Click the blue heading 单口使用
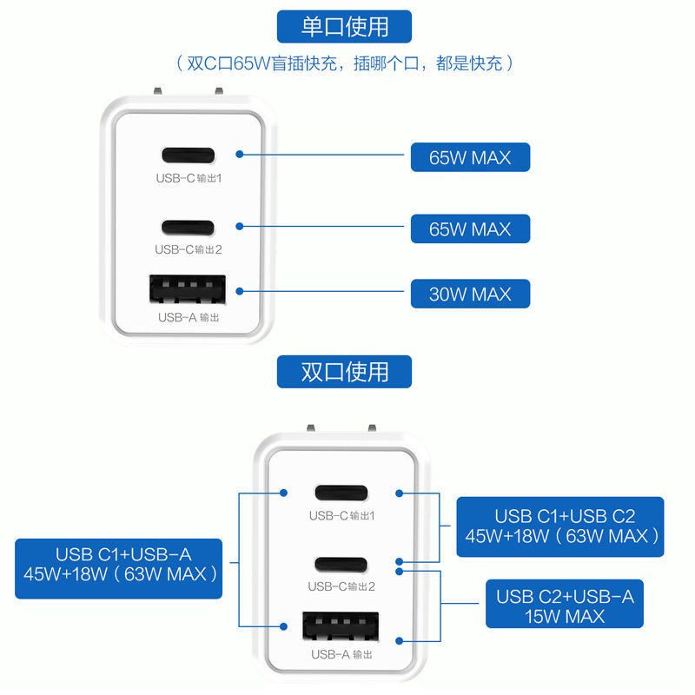click(344, 26)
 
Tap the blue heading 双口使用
click(344, 371)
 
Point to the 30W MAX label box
click(470, 294)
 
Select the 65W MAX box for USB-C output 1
click(470, 157)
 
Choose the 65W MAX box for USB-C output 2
click(470, 229)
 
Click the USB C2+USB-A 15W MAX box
click(565, 605)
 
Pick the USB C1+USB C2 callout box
click(559, 526)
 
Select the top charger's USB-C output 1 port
click(188, 156)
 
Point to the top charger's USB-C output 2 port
click(188, 228)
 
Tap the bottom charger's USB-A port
click(341, 627)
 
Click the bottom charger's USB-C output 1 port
click(341, 493)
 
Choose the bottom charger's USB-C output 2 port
click(341, 564)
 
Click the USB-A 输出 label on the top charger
click(188, 318)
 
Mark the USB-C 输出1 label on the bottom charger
click(341, 516)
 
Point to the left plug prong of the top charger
click(157, 91)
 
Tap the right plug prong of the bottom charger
click(371, 428)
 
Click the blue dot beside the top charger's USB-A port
click(239, 293)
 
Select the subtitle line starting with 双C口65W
click(345, 63)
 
